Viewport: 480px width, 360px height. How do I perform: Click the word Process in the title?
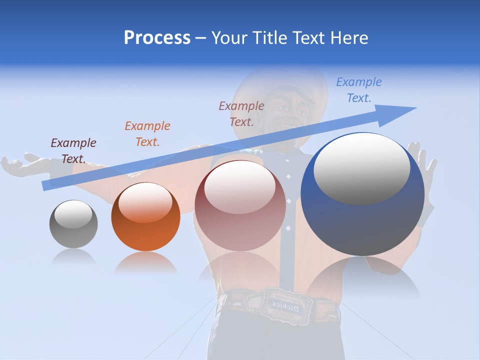click(157, 38)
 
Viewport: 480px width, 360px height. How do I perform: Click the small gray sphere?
click(73, 224)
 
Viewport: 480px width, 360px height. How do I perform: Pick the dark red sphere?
click(240, 205)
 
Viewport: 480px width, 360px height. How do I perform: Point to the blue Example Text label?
click(359, 90)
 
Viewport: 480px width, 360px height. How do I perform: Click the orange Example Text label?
click(147, 134)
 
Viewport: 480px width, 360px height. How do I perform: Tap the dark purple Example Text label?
click(73, 151)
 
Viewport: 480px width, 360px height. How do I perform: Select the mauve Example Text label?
click(241, 113)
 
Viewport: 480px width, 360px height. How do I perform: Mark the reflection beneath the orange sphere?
click(145, 262)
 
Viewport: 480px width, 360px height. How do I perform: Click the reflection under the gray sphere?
click(73, 256)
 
